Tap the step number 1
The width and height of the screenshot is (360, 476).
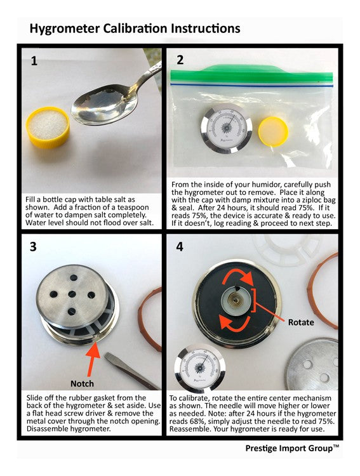click(34, 61)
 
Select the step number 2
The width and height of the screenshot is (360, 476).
click(180, 60)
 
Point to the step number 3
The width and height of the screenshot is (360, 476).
click(33, 246)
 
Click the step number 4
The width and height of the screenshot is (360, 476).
click(180, 246)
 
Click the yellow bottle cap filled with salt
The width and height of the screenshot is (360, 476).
click(48, 128)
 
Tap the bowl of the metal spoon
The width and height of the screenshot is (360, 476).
click(104, 107)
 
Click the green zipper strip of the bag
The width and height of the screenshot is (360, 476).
click(251, 74)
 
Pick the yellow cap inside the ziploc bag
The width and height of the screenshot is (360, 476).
click(273, 131)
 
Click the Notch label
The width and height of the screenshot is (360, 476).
click(82, 384)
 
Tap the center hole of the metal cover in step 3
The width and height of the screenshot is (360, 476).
click(72, 294)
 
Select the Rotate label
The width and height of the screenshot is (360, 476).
click(301, 322)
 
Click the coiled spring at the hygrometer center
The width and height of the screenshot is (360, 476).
click(236, 300)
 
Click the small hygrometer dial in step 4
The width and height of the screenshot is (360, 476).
click(200, 368)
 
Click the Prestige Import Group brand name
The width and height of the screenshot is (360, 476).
click(292, 448)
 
